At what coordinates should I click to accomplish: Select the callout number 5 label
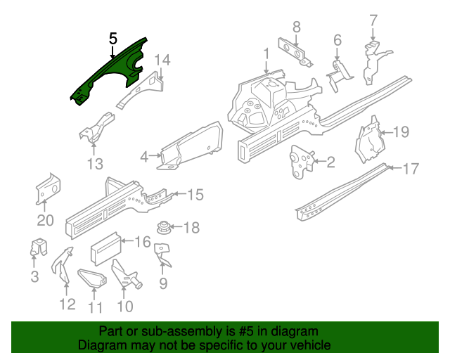coord(113,39)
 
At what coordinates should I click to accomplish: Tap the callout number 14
coord(162,60)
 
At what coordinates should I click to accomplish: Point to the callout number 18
coord(191,227)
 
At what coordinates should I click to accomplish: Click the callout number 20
coord(45,220)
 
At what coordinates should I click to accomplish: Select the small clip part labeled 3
coord(38,247)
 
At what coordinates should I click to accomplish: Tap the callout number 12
coord(67,304)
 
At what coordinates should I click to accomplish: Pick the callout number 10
coord(124,306)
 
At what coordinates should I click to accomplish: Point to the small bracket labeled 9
coord(162,255)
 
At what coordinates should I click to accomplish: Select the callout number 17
coord(411,169)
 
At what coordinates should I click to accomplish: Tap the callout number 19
coord(400,131)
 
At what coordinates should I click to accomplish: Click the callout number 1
coord(266,53)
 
